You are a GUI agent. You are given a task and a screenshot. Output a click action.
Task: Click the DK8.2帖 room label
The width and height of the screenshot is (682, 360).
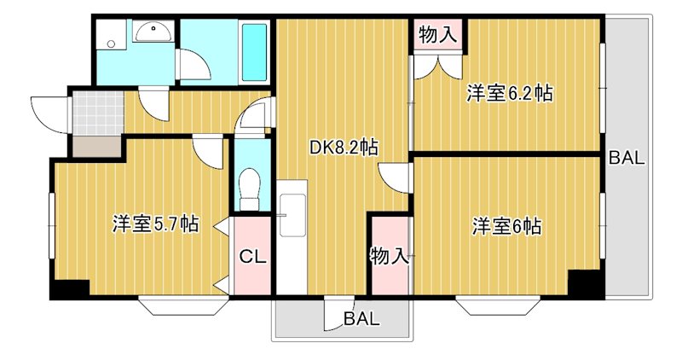coord(344,148)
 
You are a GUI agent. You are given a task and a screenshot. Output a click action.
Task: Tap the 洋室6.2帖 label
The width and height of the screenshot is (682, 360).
coord(509,94)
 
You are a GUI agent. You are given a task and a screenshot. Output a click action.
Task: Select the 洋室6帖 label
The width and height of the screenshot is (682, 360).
coord(508,227)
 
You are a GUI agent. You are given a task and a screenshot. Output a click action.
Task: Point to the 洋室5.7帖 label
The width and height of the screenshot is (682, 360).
coord(156,225)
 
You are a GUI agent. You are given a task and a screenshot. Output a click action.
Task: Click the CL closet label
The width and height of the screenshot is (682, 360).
coord(250,255)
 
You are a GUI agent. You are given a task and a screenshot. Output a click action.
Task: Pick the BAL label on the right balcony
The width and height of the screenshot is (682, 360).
coord(627,158)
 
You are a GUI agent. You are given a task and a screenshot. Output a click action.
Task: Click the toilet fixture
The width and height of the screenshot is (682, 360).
coord(251,186)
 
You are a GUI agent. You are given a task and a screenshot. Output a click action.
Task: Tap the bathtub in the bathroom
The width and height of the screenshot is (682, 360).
coord(254,51)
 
